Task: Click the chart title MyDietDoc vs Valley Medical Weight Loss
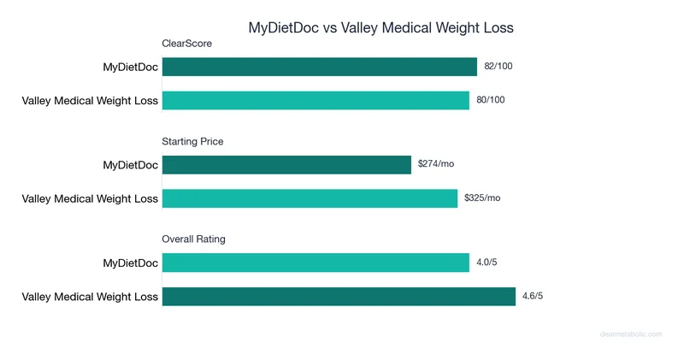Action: click(380, 27)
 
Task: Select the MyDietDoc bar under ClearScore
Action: click(319, 67)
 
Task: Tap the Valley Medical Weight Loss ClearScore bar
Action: click(315, 100)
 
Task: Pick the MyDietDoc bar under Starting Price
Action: click(286, 164)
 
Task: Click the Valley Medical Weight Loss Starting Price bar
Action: click(310, 198)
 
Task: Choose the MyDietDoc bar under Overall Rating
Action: click(315, 263)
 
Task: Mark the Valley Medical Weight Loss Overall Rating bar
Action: click(339, 296)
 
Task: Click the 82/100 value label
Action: click(498, 66)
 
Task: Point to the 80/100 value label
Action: click(490, 100)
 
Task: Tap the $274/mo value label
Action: click(436, 163)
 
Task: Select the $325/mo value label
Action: click(482, 198)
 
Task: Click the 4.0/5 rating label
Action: click(486, 262)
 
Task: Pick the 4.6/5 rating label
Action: click(533, 296)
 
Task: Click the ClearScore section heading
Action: click(186, 44)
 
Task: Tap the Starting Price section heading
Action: click(192, 141)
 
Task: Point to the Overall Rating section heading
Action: click(193, 239)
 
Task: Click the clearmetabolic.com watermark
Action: click(630, 334)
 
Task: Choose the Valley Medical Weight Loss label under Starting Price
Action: click(90, 198)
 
